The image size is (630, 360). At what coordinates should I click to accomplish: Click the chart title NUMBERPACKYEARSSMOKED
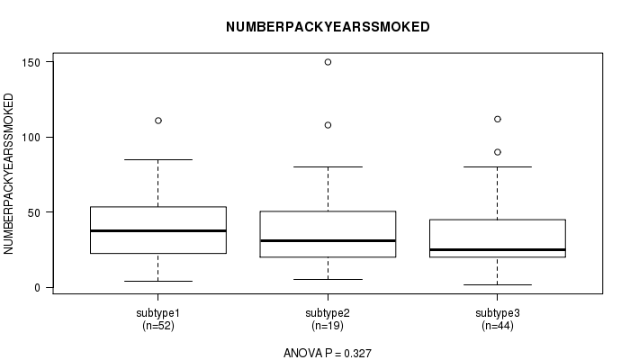(x=328, y=27)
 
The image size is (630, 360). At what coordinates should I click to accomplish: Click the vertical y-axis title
(x=8, y=174)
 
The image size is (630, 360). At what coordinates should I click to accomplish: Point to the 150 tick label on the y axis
(x=31, y=62)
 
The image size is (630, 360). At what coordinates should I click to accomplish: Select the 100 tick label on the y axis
(x=31, y=138)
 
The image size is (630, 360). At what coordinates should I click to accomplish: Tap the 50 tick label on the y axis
(x=34, y=212)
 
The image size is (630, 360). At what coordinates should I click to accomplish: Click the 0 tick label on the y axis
(x=38, y=288)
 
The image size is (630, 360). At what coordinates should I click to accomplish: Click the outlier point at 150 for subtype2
(x=328, y=62)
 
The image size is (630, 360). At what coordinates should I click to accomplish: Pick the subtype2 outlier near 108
(x=328, y=125)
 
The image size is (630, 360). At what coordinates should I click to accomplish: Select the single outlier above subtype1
(x=158, y=121)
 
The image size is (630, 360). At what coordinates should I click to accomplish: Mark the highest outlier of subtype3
(x=498, y=119)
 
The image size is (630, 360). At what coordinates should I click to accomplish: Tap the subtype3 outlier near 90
(x=498, y=152)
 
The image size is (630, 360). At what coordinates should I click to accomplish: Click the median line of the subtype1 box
(x=158, y=230)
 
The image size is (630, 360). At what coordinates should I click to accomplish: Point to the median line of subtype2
(x=328, y=240)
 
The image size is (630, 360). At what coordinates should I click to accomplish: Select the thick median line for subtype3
(x=498, y=249)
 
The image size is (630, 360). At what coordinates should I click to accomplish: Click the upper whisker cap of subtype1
(x=158, y=159)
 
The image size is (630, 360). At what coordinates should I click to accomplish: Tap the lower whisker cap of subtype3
(x=498, y=285)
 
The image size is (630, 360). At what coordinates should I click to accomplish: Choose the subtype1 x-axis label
(x=157, y=313)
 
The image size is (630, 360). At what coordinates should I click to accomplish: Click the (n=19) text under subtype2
(x=328, y=326)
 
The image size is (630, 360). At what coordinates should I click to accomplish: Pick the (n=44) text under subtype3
(x=498, y=326)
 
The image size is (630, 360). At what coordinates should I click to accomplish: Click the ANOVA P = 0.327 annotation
(x=328, y=353)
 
